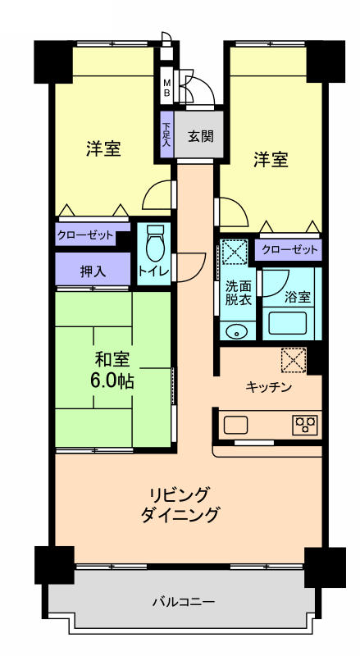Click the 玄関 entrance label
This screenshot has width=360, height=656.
(x=201, y=136)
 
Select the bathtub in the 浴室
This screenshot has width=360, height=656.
(x=288, y=322)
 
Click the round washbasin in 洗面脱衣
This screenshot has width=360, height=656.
(x=237, y=333)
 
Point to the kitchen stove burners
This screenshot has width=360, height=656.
(x=305, y=424)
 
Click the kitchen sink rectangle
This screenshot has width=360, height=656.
(x=236, y=425)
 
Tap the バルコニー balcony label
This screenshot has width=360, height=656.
(x=184, y=602)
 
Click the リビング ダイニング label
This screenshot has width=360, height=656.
(x=180, y=504)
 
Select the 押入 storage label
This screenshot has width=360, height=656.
(x=93, y=271)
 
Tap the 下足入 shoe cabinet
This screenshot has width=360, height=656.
(x=166, y=134)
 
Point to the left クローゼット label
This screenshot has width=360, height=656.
(x=85, y=235)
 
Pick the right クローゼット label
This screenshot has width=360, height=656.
(x=289, y=250)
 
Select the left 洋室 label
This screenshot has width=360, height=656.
(x=104, y=149)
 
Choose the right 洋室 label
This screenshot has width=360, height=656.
(x=271, y=160)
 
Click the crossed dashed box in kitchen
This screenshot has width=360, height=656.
(x=294, y=359)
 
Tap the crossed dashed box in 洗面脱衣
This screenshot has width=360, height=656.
(x=234, y=252)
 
